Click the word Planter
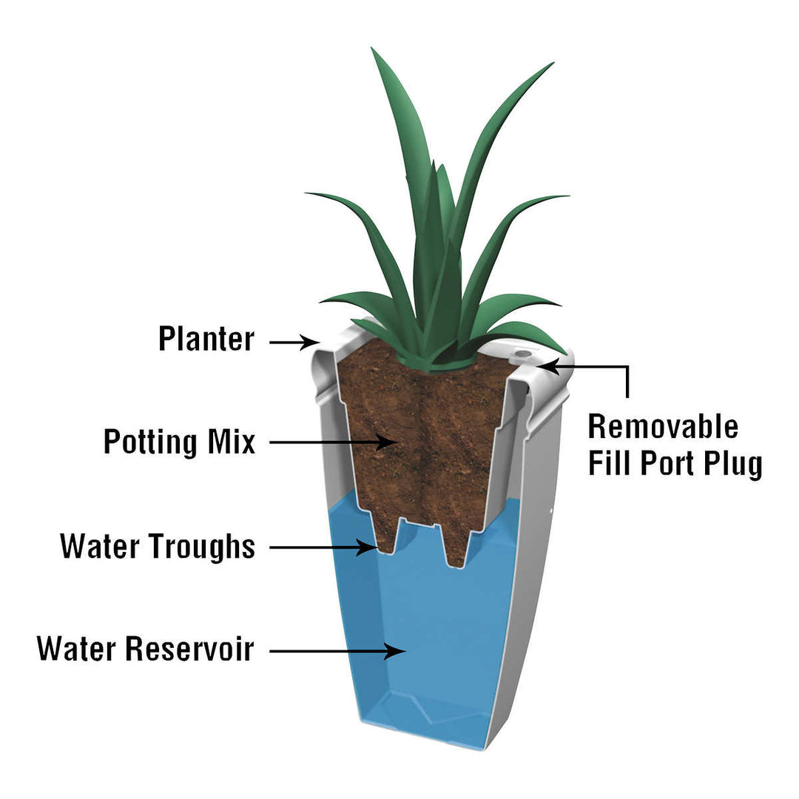[206, 340]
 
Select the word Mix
[229, 442]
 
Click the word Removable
[663, 427]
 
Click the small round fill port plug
[523, 354]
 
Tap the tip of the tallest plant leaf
[375, 52]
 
